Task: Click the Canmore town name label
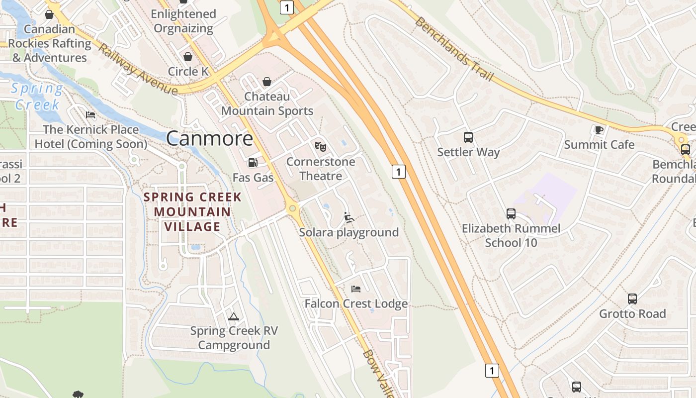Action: click(x=209, y=138)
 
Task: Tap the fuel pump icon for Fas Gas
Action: click(x=253, y=162)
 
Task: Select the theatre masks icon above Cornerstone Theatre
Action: click(x=321, y=146)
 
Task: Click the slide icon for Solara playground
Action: click(x=349, y=217)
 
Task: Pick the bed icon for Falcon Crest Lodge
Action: click(x=356, y=289)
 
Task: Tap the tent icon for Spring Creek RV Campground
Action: click(x=233, y=316)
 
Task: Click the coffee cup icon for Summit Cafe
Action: click(x=599, y=130)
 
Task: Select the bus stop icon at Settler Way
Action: click(x=468, y=137)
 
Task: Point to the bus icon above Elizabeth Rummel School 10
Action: click(x=511, y=214)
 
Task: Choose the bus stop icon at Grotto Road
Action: click(x=632, y=298)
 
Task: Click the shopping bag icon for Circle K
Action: click(x=188, y=57)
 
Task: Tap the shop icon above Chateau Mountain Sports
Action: click(x=267, y=81)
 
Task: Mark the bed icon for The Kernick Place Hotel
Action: click(x=90, y=114)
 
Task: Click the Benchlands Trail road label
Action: click(x=454, y=49)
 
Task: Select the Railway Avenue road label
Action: click(x=137, y=69)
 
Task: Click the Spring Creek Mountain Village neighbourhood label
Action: click(x=192, y=212)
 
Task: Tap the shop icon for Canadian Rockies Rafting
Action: click(x=49, y=14)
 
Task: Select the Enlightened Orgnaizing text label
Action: click(x=183, y=21)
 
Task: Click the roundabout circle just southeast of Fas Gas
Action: click(x=292, y=208)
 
